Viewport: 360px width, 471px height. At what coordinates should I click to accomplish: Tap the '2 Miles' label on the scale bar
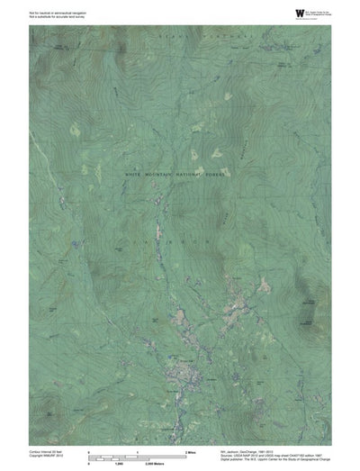pos(190,449)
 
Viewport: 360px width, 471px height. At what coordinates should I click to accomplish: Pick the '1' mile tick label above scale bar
pos(137,449)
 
